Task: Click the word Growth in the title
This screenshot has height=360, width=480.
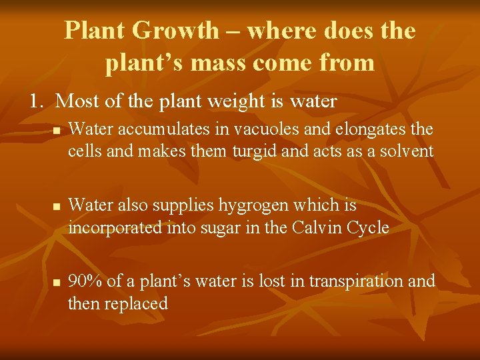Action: click(x=175, y=31)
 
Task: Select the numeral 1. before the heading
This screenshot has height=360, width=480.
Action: click(x=37, y=101)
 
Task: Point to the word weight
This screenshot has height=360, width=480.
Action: click(x=249, y=101)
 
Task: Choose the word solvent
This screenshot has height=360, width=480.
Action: click(x=406, y=151)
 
